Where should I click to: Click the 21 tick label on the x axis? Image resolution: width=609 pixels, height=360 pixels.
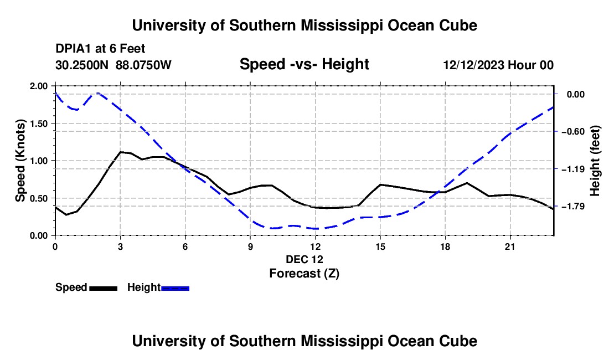pos(510,246)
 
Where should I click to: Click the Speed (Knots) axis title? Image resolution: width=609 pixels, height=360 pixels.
pos(20,161)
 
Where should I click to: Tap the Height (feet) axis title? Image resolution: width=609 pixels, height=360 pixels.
pos(595,161)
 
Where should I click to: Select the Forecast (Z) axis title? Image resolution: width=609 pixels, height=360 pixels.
pos(304,274)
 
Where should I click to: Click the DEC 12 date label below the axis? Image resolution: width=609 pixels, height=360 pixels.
pos(304,259)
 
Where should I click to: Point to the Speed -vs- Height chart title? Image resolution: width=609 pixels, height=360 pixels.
pos(304,64)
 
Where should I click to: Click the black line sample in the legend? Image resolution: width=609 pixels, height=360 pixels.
pos(104,289)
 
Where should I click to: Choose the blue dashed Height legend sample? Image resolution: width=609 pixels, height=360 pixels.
pos(175,289)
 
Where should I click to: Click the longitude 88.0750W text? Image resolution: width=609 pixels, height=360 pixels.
pos(143,65)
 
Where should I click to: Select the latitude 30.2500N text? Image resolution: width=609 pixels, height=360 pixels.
pos(82,65)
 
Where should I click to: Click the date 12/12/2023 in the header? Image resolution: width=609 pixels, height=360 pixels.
pos(474,65)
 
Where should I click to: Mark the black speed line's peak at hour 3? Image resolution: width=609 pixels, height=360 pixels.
pos(121,152)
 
